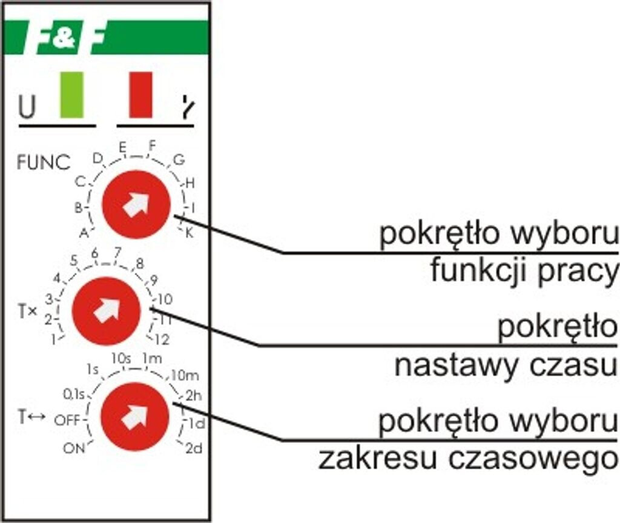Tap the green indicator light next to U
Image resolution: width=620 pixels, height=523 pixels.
point(71,95)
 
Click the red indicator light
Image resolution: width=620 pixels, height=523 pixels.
point(140,95)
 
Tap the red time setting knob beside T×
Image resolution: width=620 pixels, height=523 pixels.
point(106,310)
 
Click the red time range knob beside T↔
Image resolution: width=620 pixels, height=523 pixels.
point(134,416)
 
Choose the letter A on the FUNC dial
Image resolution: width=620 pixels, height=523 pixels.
point(84,232)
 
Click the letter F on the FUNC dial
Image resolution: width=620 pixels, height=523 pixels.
point(152,145)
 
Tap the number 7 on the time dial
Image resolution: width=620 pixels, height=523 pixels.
point(117,252)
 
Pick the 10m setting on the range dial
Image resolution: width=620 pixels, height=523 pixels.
point(185,375)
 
